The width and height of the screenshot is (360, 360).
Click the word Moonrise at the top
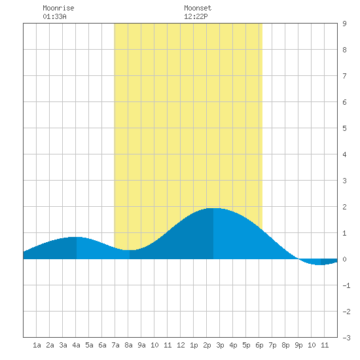click(x=58, y=8)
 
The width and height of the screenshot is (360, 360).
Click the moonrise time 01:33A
click(x=54, y=16)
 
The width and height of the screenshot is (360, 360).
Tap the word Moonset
click(x=198, y=8)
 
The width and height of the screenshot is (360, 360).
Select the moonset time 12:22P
click(x=196, y=16)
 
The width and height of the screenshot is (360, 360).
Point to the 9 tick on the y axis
click(x=344, y=24)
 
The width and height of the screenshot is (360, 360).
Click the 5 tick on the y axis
click(x=344, y=128)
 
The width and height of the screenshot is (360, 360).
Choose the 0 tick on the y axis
click(x=344, y=259)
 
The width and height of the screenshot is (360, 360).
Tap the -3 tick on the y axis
click(x=346, y=338)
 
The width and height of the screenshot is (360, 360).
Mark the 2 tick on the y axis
click(x=344, y=207)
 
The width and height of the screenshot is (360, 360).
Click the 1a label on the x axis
click(x=37, y=345)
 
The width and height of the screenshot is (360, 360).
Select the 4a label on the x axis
click(x=76, y=345)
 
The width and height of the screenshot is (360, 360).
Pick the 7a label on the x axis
click(x=115, y=345)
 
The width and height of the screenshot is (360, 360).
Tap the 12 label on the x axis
click(x=181, y=345)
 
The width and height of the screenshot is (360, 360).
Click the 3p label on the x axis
click(x=220, y=345)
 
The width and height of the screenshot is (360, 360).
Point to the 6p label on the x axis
click(x=259, y=345)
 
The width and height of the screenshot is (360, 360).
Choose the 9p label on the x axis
click(x=298, y=345)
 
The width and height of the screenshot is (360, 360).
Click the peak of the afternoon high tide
click(x=213, y=208)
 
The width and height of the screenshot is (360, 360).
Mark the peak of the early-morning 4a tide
click(x=76, y=237)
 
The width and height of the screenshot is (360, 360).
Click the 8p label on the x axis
click(x=285, y=345)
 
